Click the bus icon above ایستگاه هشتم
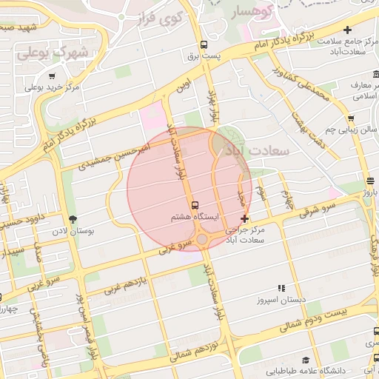[195, 204]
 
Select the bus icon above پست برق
[204, 45]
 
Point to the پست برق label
[204, 57]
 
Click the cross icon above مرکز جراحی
[245, 218]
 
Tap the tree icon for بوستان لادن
[73, 218]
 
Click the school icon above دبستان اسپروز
[281, 288]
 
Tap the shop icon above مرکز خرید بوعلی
[52, 75]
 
